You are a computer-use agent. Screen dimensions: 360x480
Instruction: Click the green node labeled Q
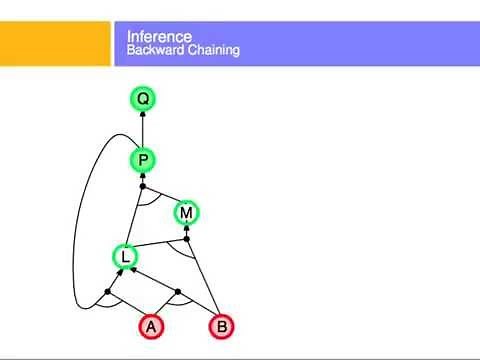coord(143,99)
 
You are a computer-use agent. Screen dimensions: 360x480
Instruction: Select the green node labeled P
coord(143,160)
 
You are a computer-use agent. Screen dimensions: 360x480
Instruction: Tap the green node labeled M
coord(187,212)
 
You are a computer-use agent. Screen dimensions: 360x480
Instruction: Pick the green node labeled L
coord(125,257)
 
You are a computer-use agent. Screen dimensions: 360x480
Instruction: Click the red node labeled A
coord(152,326)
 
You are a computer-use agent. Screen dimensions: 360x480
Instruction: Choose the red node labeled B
coord(223,326)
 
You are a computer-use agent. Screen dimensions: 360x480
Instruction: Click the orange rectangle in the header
coord(54,44)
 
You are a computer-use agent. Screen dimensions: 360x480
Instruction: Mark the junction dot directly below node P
coord(143,187)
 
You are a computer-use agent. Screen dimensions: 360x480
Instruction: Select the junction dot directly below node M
coord(187,240)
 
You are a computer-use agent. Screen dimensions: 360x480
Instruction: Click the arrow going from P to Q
coord(143,130)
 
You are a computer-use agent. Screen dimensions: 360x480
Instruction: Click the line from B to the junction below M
coord(203,280)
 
